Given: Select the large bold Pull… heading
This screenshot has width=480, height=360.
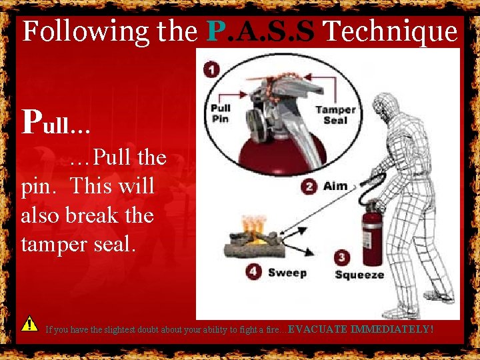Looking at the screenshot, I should [57, 121].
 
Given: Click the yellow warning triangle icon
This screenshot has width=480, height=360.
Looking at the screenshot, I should [29, 324].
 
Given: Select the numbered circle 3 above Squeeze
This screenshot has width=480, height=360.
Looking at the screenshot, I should [342, 258].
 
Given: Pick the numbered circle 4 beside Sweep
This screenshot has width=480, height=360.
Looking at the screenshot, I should [253, 272].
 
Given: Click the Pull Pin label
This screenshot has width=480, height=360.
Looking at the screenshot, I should [221, 113].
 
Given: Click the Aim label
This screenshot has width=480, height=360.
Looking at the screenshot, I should [335, 186].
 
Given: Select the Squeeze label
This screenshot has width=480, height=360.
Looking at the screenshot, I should [359, 275].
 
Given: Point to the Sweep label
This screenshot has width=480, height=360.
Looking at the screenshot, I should [287, 272].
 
